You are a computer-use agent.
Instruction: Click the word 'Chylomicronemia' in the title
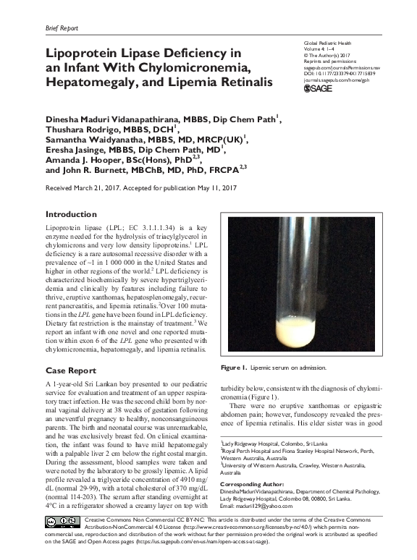click(195, 69)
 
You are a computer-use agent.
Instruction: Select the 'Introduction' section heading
click(71, 214)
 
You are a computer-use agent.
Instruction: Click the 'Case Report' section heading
click(71, 370)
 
